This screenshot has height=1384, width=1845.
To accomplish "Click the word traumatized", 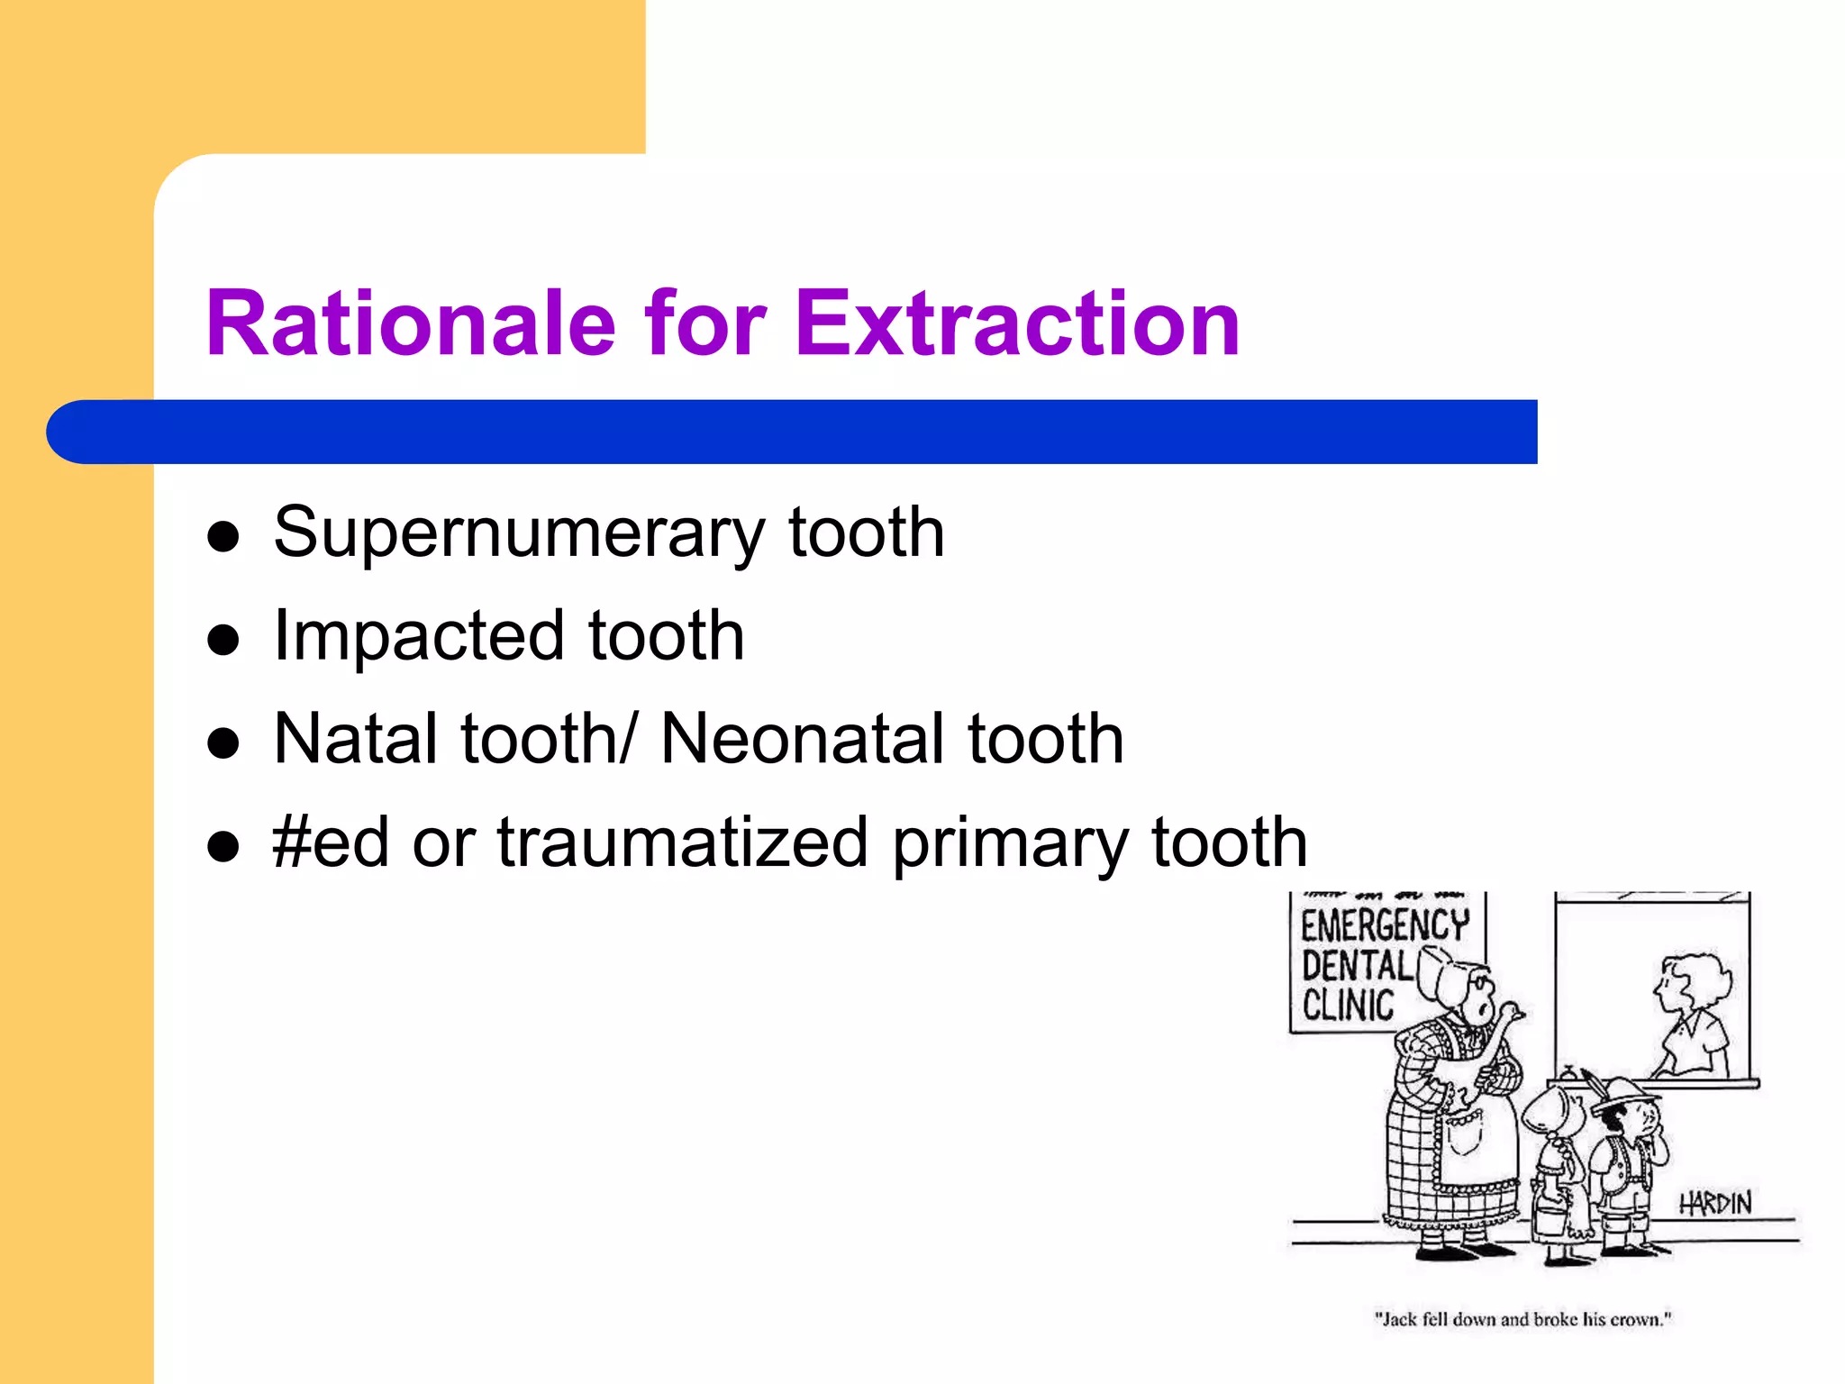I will point(683,842).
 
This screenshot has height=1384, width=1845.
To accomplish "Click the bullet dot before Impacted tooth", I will point(223,641).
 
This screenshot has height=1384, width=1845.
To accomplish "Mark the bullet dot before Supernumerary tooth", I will point(223,538).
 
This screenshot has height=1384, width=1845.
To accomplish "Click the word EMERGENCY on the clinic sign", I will point(1385,925).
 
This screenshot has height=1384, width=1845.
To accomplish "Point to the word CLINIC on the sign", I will point(1348,1005).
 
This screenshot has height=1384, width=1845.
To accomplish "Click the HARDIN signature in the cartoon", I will point(1715,1203).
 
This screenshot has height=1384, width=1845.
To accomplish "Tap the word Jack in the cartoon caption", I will point(1400,1319).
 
